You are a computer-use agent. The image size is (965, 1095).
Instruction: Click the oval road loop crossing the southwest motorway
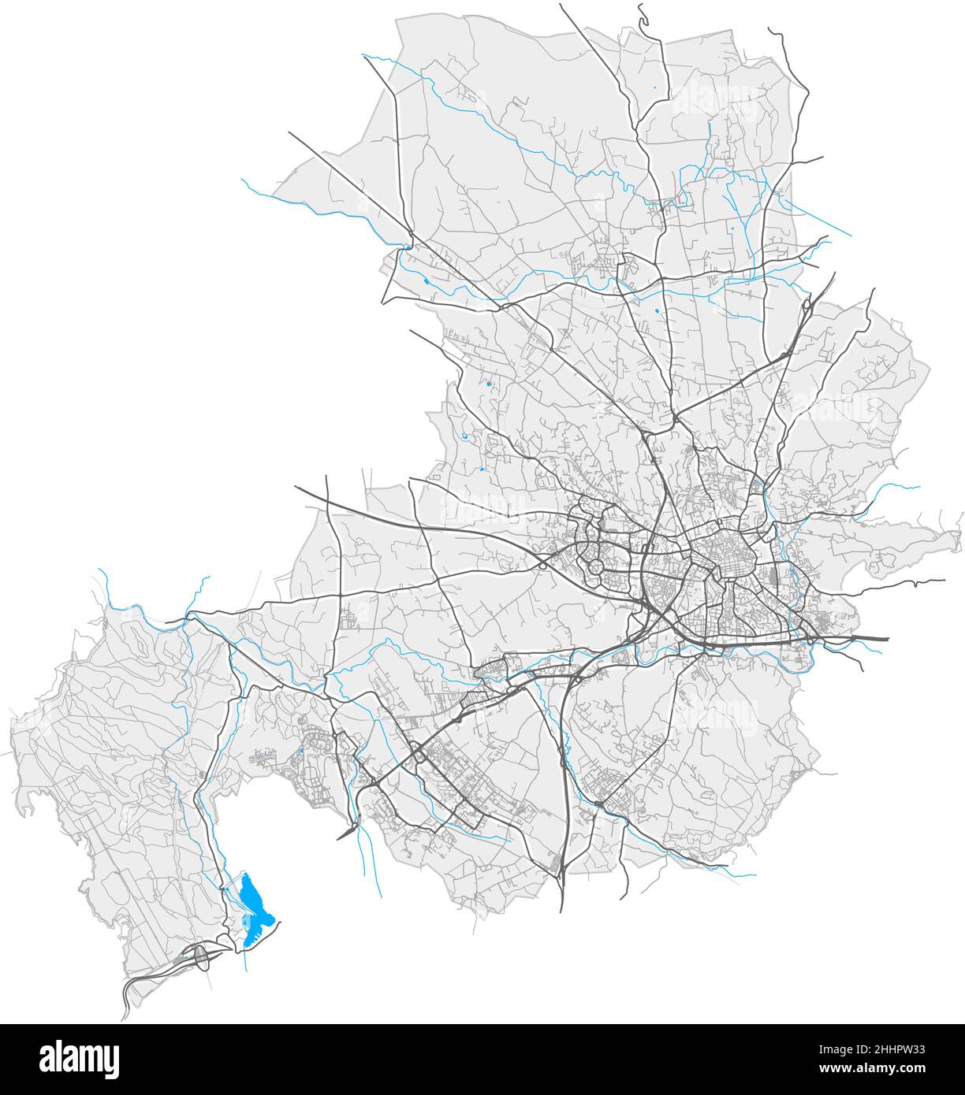point(201,956)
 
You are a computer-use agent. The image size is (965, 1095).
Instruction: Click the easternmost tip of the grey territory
point(961,533)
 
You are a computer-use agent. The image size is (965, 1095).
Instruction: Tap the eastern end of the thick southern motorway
point(888,639)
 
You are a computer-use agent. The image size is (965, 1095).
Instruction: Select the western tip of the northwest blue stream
point(242,180)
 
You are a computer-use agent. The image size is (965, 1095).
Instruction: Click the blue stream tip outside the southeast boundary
point(754,874)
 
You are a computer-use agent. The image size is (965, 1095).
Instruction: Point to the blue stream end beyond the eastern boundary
point(919,488)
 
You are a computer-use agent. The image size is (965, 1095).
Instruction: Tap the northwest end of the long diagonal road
point(289,132)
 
